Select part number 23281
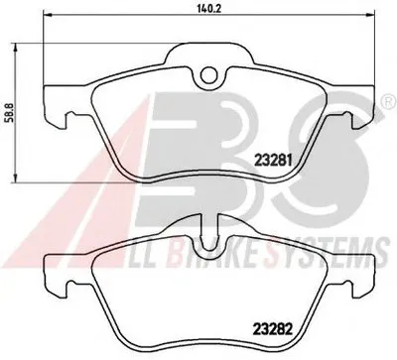tap(273, 161)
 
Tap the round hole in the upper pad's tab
tap(209, 74)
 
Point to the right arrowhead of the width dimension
tap(370, 14)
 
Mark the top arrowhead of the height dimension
tap(15, 49)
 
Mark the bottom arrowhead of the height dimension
tap(15, 178)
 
